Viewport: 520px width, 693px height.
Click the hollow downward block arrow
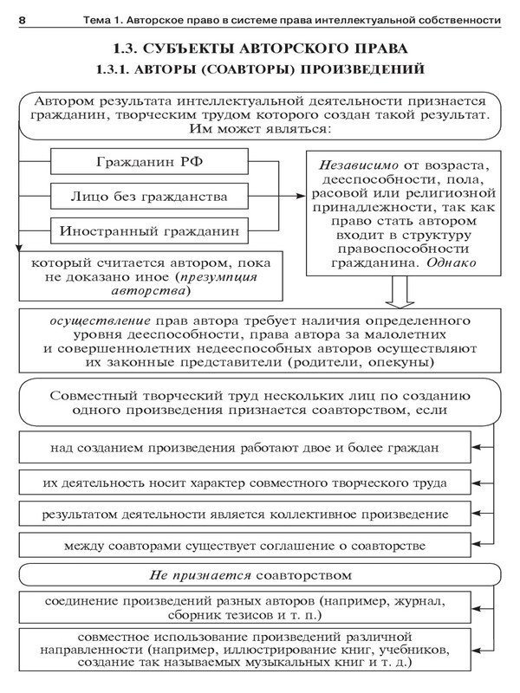(x=401, y=295)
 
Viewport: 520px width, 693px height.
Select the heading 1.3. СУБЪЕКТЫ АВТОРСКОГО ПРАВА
(x=260, y=48)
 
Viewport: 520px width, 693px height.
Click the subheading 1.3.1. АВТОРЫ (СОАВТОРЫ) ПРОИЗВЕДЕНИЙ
(x=260, y=68)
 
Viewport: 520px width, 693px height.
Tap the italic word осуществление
(x=94, y=318)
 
